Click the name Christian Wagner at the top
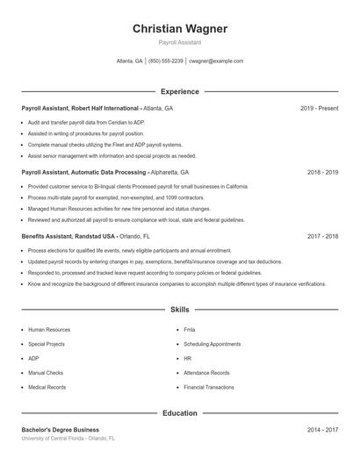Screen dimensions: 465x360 (x=180, y=29)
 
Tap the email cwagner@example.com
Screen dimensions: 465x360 (x=216, y=61)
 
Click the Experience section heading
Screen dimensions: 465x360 (x=180, y=91)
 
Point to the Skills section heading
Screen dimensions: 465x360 (x=180, y=310)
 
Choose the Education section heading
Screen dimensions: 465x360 (x=180, y=412)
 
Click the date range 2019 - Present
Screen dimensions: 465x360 (x=319, y=108)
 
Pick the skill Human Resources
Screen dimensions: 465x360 (x=49, y=330)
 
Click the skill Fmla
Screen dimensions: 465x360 (x=190, y=330)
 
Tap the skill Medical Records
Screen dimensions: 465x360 (x=47, y=387)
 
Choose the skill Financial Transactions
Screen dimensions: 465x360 (x=209, y=387)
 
